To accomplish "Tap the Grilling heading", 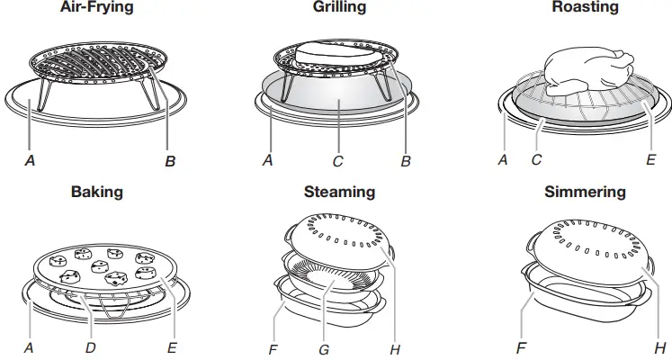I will tap(339, 7).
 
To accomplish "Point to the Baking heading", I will tap(96, 192).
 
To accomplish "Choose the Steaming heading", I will tap(339, 192).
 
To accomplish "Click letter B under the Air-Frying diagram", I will tap(170, 161).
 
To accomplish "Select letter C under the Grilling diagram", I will tap(336, 161).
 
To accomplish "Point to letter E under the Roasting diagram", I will tap(650, 161).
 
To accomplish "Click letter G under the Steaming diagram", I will tap(324, 346).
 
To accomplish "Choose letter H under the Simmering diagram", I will tap(660, 346).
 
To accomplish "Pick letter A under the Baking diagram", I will tap(31, 346).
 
